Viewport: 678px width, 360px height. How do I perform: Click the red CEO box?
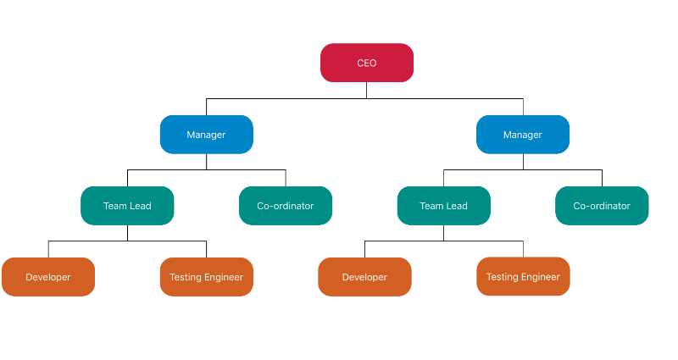coord(367,63)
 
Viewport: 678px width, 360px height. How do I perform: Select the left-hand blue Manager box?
coord(206,135)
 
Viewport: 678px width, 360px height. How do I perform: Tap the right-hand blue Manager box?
coord(523,135)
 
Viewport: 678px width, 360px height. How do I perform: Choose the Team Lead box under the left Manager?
coord(127,206)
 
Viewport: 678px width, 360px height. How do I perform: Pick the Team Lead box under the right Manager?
coord(443,206)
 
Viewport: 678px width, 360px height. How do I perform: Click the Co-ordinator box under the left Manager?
coord(286,206)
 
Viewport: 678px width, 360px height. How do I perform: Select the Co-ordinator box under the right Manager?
coord(602,206)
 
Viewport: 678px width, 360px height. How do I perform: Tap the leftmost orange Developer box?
coord(48,277)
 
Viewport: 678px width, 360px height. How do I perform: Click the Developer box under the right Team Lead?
coord(364,277)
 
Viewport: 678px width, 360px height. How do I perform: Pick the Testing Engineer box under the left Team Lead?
coord(206,277)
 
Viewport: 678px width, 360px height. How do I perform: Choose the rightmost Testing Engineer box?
coord(523,276)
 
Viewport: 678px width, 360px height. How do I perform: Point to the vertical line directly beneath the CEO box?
coord(367,90)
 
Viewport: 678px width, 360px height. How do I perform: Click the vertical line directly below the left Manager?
coord(206,162)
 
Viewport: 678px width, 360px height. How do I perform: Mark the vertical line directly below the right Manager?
coord(523,162)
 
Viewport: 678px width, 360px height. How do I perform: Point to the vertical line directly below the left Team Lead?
coord(127,233)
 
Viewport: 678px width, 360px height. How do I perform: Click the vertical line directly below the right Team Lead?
coord(443,233)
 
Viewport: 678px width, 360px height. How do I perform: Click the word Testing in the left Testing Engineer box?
coord(186,277)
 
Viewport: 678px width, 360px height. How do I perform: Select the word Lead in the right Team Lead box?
coord(457,206)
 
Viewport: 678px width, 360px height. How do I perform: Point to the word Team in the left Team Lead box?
coord(114,206)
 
